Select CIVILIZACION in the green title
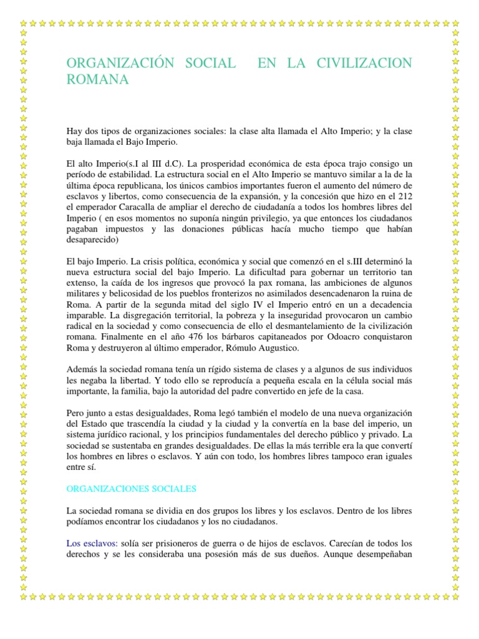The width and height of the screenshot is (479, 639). (365, 63)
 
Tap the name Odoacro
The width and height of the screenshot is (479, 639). (324, 337)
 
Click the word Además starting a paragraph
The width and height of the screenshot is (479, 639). (83, 369)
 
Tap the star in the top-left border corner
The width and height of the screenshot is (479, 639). (24, 23)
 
